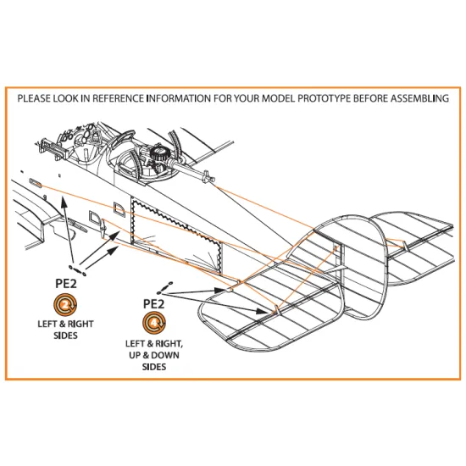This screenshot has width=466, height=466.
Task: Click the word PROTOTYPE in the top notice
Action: (x=324, y=98)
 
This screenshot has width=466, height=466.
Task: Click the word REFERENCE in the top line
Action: (x=118, y=98)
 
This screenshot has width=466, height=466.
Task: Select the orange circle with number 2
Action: (x=65, y=305)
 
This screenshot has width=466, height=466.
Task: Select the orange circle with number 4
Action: (x=154, y=324)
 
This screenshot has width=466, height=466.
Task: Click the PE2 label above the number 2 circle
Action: (x=66, y=284)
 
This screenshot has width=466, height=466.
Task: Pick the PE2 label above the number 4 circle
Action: (x=154, y=303)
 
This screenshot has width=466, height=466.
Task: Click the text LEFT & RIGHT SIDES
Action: (x=65, y=330)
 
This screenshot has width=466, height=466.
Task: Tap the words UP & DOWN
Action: (x=154, y=355)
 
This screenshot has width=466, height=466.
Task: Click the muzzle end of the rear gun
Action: (x=212, y=178)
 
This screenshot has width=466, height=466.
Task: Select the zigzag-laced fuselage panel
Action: (x=176, y=236)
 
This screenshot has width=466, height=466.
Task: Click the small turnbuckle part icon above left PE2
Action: (x=78, y=270)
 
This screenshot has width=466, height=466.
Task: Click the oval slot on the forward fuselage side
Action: (x=36, y=183)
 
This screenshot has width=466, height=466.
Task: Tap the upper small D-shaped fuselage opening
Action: (x=119, y=208)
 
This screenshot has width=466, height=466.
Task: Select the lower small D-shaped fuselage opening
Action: (x=95, y=218)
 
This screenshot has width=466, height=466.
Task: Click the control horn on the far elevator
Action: (x=405, y=246)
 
